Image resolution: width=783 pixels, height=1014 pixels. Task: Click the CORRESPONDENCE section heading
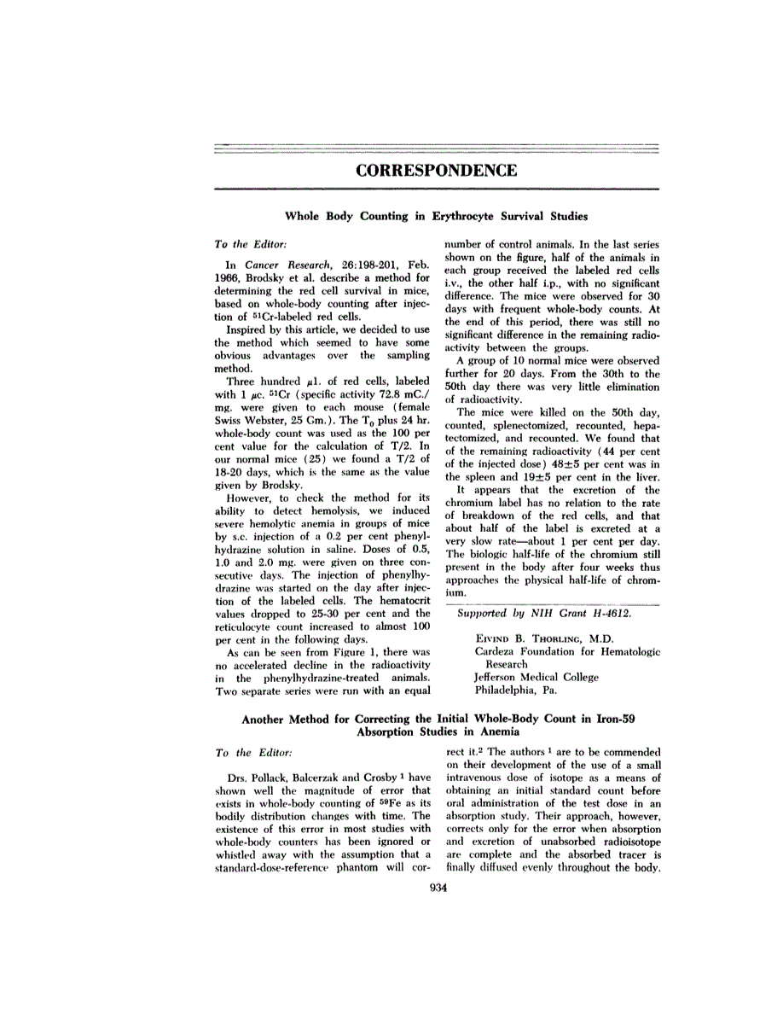[x=436, y=170]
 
